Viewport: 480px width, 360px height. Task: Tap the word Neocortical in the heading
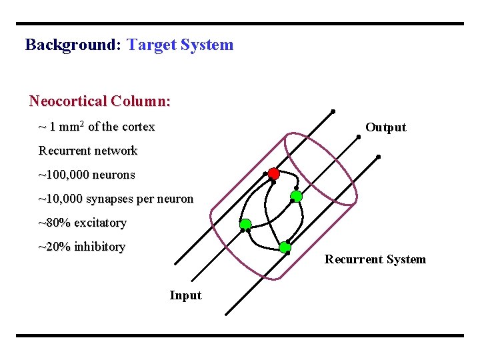67,101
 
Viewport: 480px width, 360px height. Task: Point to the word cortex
138,127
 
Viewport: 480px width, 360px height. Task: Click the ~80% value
54,223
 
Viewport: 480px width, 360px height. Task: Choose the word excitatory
100,223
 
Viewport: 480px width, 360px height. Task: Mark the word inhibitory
99,247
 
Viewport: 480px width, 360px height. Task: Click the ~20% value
54,247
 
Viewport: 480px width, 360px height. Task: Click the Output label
385,127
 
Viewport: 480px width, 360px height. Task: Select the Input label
185,295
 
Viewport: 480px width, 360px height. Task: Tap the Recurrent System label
375,259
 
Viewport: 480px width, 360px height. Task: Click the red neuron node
273,173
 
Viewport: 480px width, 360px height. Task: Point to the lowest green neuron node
285,247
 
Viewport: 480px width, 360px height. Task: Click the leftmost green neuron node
245,224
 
